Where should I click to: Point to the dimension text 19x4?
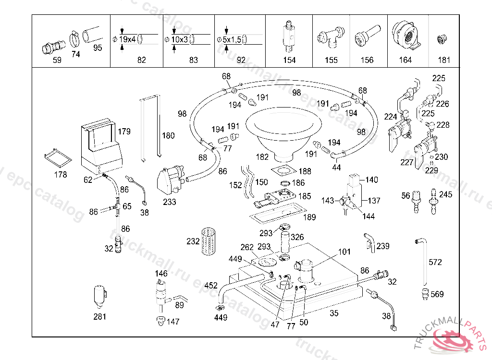click(128, 39)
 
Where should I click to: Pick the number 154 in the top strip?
click(289, 60)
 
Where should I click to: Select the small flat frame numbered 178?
click(57, 156)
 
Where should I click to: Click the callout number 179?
click(124, 131)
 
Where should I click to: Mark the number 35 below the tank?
click(334, 313)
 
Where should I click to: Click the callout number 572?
click(435, 262)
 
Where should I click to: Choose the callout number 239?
click(383, 246)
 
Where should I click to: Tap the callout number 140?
click(372, 180)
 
